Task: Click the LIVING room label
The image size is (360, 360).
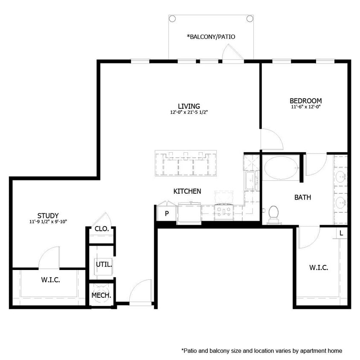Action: [x=189, y=106]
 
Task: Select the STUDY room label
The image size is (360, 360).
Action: [x=48, y=215]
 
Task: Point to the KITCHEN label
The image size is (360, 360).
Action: [x=187, y=192]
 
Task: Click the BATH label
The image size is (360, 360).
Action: [x=302, y=197]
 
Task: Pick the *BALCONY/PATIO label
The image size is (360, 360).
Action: [x=211, y=37]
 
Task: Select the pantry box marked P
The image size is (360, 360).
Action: [x=166, y=214]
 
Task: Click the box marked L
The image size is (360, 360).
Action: [x=342, y=233]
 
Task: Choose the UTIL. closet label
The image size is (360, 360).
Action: [x=104, y=264]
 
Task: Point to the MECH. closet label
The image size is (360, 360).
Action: [x=102, y=295]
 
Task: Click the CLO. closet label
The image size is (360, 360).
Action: [x=102, y=229]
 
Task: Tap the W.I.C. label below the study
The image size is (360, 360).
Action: [x=50, y=280]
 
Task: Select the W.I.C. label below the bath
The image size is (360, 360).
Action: [x=318, y=267]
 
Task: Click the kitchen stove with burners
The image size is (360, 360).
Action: [x=224, y=210]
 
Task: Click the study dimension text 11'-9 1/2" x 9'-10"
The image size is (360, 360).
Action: [x=48, y=222]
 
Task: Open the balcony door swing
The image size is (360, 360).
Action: [x=232, y=53]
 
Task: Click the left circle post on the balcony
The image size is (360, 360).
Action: [x=172, y=18]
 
